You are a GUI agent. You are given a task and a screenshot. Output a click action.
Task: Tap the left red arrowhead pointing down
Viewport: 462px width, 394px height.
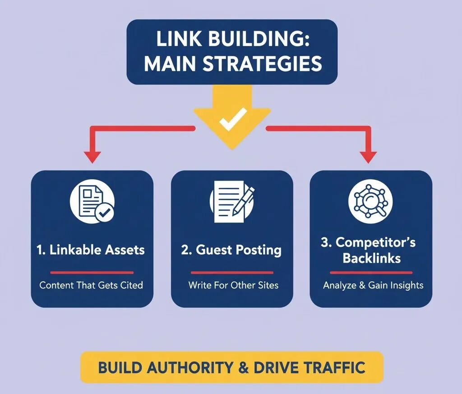coord(92,156)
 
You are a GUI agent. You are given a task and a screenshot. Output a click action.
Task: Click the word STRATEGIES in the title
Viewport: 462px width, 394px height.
coord(263,64)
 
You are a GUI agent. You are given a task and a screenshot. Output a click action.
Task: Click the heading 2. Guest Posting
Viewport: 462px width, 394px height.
coord(231,250)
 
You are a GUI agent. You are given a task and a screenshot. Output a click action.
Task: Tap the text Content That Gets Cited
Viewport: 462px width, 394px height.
coord(91,285)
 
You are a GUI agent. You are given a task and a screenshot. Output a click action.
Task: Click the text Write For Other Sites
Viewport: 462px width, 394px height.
coord(233,285)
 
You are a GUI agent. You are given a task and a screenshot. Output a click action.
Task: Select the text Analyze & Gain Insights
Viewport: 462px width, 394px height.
coord(373,285)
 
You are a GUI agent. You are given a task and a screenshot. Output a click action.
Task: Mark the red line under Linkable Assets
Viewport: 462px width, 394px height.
coord(92,273)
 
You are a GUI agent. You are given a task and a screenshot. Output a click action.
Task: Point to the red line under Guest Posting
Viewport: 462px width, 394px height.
coord(232,273)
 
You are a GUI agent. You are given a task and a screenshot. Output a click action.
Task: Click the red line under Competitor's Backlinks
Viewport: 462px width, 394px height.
coord(371,273)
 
